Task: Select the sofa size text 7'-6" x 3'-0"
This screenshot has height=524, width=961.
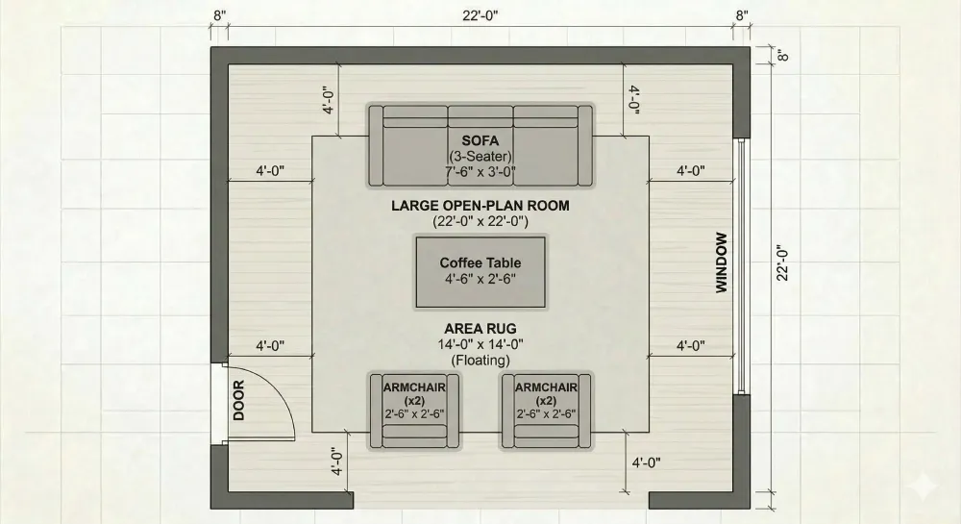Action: click(480, 172)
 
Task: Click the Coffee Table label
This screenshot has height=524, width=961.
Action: click(480, 262)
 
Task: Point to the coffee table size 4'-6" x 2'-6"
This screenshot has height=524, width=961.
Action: click(480, 279)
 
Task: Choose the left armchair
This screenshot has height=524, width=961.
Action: click(415, 411)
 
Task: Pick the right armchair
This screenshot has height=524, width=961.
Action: click(546, 411)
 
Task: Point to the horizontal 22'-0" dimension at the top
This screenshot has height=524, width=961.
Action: click(480, 14)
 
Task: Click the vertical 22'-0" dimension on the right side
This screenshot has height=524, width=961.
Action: click(783, 262)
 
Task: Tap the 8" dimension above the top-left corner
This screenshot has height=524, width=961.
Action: click(220, 14)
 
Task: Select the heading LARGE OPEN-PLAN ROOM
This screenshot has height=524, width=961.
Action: click(480, 206)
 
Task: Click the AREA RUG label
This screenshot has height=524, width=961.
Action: click(480, 328)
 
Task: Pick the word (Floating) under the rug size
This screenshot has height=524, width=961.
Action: click(480, 361)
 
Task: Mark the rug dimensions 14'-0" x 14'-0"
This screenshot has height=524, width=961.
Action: click(480, 344)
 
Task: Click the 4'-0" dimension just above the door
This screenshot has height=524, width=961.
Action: click(270, 345)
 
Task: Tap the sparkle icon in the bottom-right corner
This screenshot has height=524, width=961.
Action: click(927, 489)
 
